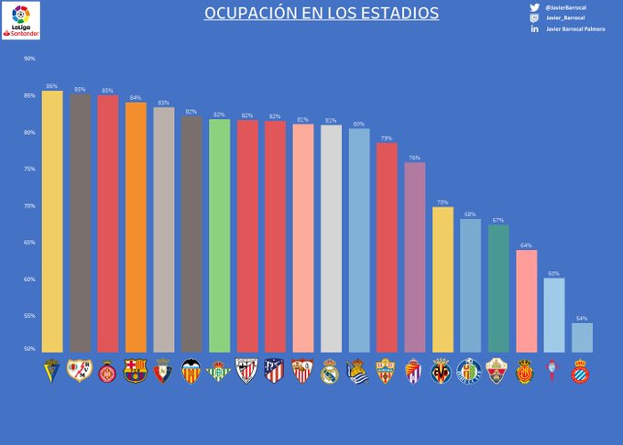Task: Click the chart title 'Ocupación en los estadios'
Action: click(321, 14)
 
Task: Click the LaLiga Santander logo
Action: click(20, 20)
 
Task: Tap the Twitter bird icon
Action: click(534, 7)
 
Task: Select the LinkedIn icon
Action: click(534, 29)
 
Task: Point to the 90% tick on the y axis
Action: click(29, 59)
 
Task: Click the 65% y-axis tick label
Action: click(29, 243)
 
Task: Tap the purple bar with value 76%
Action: click(414, 257)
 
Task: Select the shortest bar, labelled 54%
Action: click(582, 338)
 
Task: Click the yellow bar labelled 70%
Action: click(443, 279)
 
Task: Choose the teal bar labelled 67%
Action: click(498, 288)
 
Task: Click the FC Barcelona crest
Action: click(136, 371)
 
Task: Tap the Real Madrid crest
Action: click(330, 371)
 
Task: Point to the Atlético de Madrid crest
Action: click(274, 371)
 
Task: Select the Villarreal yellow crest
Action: click(442, 371)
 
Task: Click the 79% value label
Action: click(387, 138)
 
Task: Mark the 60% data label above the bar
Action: click(553, 274)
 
